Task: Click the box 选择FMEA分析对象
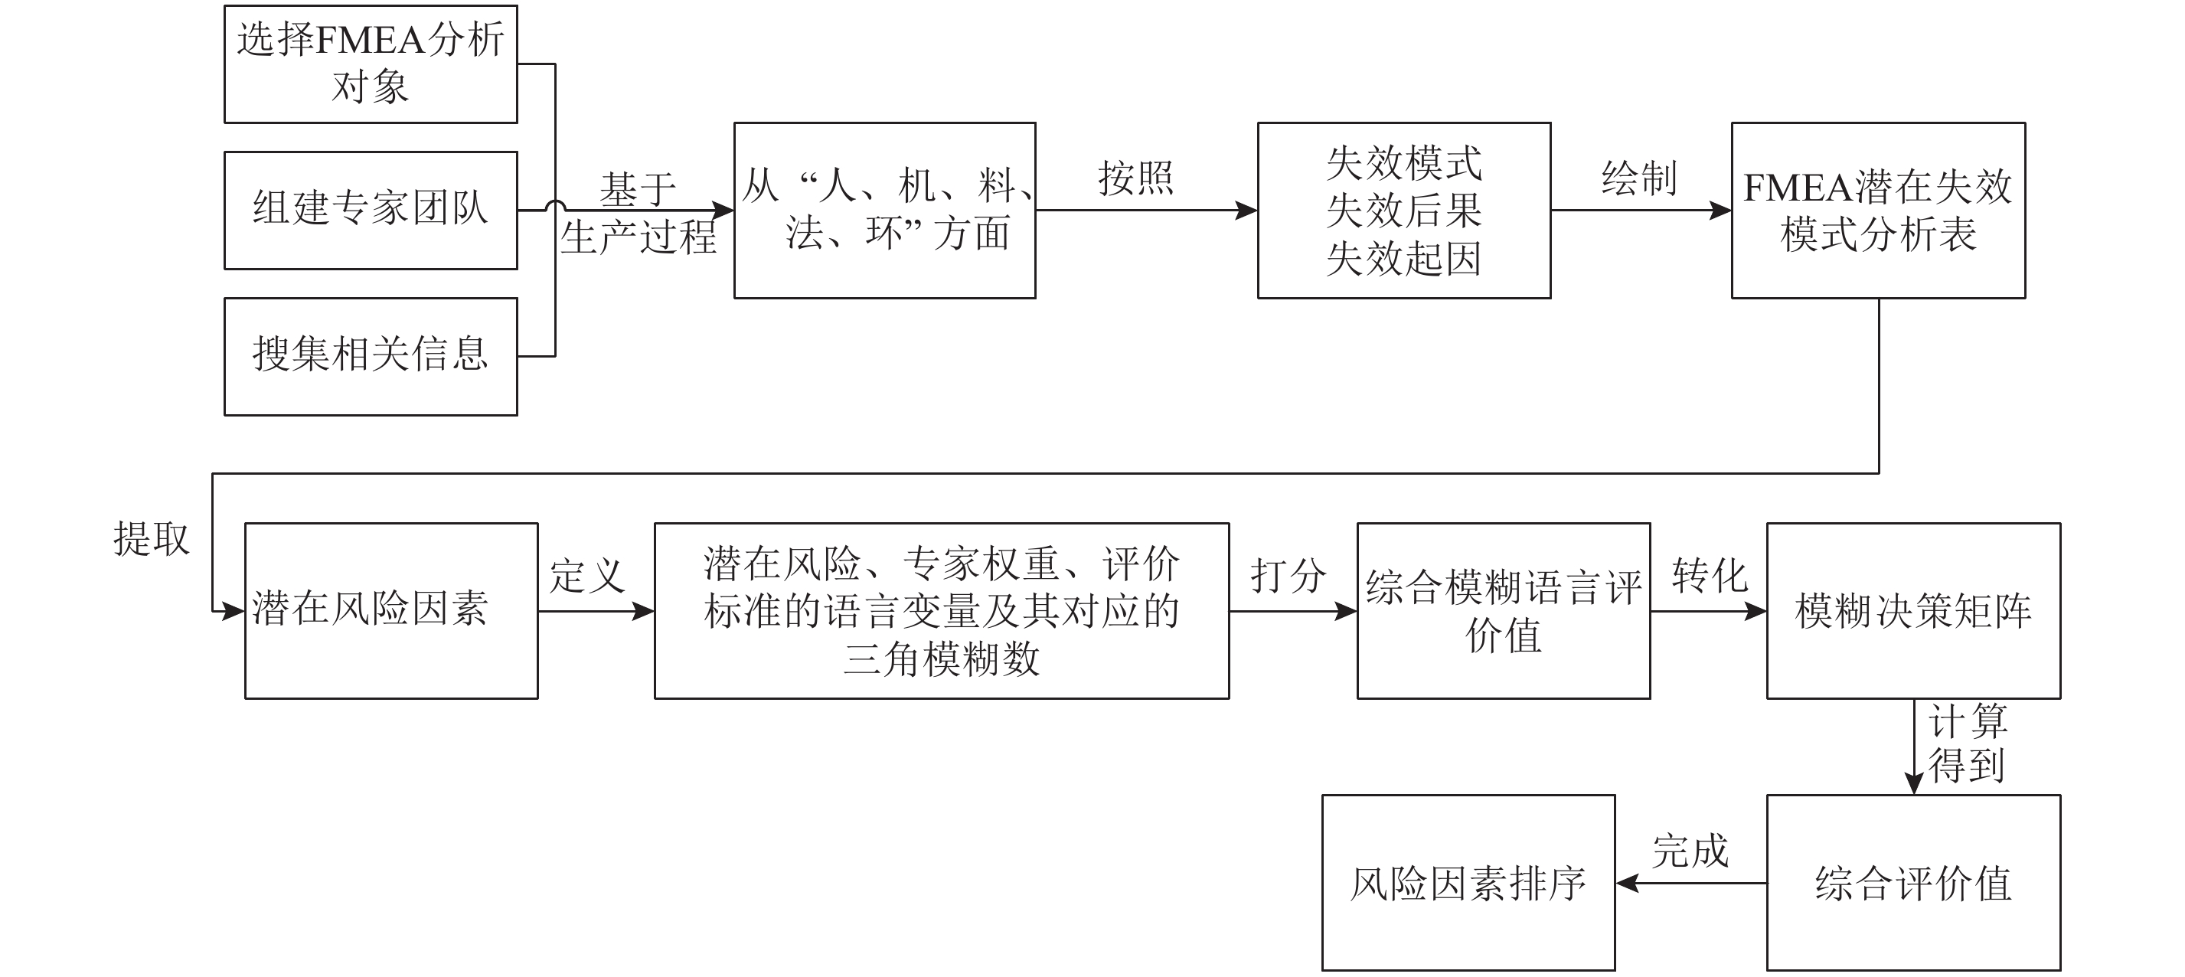pos(371,64)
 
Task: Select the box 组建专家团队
pos(371,210)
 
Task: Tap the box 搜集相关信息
pos(371,355)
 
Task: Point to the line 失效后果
pos(1404,211)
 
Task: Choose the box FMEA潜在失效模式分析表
pos(1877,210)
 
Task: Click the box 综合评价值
pos(1912,882)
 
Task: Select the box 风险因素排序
pos(1468,882)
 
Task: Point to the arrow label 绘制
pos(1638,179)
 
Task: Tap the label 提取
pos(152,538)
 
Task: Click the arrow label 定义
pos(587,577)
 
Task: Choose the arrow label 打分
pos(1288,577)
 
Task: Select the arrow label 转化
pos(1709,577)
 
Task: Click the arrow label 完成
pos(1690,851)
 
